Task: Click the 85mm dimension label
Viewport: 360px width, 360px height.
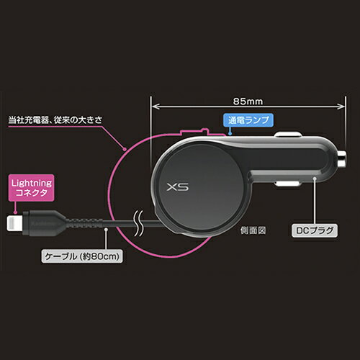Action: pos(248,102)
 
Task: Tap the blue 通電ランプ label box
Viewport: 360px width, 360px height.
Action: pos(248,120)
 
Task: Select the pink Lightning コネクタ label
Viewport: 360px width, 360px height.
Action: pos(32,188)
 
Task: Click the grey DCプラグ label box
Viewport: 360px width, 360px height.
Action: pos(315,230)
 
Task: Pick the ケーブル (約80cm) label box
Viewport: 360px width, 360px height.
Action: pos(82,256)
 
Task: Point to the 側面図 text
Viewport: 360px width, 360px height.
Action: pos(253,230)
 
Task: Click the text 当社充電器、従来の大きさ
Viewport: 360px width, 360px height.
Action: pos(55,120)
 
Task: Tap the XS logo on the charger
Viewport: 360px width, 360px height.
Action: pos(178,187)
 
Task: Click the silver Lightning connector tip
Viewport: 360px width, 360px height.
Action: pos(14,223)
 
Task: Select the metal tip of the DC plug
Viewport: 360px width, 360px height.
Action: pos(341,159)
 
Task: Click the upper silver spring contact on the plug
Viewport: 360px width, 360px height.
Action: pos(287,135)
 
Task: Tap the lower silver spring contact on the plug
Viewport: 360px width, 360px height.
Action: pos(287,184)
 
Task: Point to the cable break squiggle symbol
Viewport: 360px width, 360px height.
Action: pos(139,223)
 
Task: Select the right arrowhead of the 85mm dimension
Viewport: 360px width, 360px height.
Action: pos(341,107)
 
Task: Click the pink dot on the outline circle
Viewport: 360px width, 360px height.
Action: pos(125,149)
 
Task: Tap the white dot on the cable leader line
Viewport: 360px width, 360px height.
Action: pos(106,230)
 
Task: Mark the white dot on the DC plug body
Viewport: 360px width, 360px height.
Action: pos(315,178)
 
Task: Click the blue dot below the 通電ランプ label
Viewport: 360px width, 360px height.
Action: pos(230,133)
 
